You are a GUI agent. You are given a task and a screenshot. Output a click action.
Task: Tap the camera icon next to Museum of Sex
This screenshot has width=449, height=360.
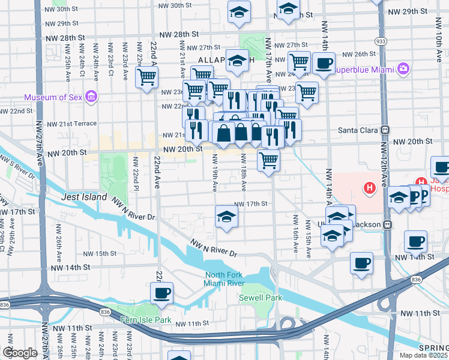(91, 97)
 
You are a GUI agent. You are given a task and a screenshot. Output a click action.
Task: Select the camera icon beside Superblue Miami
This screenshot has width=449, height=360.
(403, 69)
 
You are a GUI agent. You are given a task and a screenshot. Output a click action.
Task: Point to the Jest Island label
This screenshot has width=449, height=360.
(84, 197)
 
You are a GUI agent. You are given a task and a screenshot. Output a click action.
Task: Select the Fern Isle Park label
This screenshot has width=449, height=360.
(146, 320)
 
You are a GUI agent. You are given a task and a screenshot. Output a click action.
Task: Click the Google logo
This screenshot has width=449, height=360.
(19, 353)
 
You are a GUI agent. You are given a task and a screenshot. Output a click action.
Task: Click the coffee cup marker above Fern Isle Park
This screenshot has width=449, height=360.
(162, 293)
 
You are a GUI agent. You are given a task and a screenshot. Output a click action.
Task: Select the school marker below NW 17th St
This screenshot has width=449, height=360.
(226, 216)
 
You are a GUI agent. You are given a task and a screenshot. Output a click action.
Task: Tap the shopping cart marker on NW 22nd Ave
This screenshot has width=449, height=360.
(146, 77)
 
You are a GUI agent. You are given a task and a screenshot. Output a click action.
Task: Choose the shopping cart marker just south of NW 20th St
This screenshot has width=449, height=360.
(268, 160)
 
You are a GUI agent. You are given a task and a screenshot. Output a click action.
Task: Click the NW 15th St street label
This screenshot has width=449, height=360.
(100, 253)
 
